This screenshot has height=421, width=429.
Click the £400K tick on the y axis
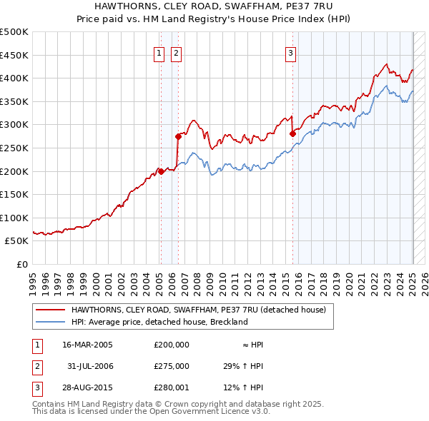(14, 78)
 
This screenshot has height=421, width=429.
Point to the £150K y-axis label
(14, 194)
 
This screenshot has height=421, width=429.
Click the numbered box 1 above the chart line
(158, 52)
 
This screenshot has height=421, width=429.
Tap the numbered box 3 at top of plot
(291, 52)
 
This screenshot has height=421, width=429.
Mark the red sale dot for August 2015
(292, 133)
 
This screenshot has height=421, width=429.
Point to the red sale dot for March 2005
(161, 171)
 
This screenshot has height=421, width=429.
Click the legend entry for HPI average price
(159, 322)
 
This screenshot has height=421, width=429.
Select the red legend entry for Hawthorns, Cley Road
(198, 310)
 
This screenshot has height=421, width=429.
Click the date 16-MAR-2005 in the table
(87, 345)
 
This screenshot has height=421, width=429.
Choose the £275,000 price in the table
(172, 366)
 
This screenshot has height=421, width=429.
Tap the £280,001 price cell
(172, 387)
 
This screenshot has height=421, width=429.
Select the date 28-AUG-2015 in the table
(87, 387)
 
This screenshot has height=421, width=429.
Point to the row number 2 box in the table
(36, 366)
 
